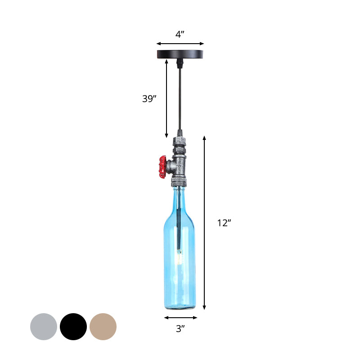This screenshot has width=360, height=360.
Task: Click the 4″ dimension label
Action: (180, 35)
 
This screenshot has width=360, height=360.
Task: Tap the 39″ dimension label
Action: (149, 99)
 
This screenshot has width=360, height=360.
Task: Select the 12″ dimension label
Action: (224, 222)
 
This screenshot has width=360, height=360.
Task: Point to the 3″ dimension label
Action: (180, 329)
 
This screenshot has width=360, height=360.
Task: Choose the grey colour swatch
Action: (44, 326)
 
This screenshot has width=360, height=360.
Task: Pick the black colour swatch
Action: (73, 326)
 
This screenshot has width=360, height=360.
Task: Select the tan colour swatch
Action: (103, 326)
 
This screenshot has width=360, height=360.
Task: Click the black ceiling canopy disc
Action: (180, 54)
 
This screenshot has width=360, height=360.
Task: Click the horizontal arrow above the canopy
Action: (180, 44)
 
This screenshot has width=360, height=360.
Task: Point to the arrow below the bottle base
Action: (180, 318)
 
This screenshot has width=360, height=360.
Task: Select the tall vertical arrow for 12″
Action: (205, 222)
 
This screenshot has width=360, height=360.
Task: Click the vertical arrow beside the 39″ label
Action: (166, 99)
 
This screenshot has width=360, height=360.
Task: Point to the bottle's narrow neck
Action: (180, 202)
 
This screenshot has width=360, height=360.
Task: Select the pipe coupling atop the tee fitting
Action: (179, 144)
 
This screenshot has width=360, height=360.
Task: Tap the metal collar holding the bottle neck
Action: (179, 183)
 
